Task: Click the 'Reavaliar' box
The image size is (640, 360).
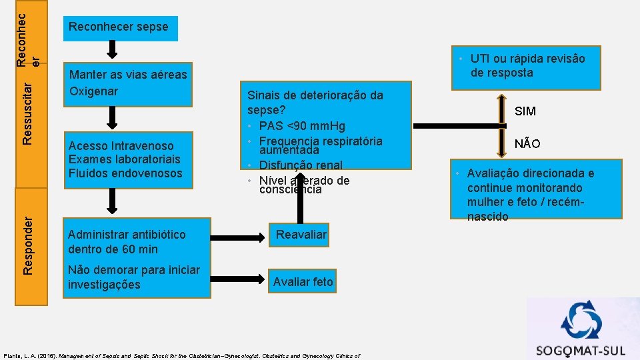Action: [301, 235]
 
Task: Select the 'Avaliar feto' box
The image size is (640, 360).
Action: [303, 282]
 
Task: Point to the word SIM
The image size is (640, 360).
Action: [525, 111]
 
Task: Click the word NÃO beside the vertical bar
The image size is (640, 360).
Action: [527, 144]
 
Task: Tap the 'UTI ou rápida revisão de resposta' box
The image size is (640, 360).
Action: [527, 66]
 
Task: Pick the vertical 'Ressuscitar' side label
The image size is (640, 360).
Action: [27, 111]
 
